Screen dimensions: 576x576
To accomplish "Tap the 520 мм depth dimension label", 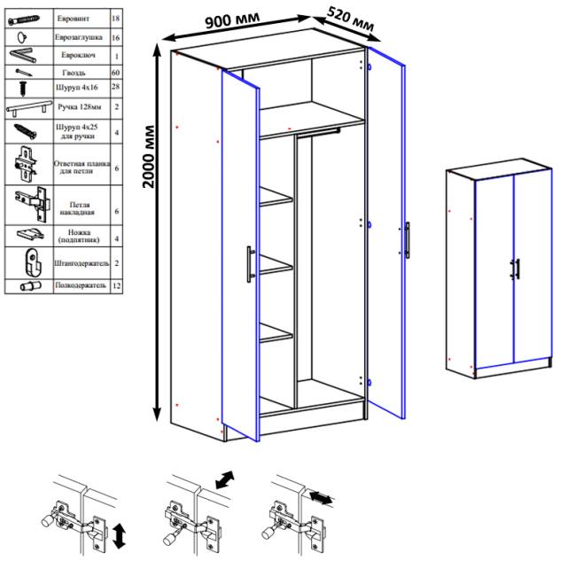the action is (350, 19).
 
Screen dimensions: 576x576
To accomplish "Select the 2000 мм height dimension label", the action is (149, 157).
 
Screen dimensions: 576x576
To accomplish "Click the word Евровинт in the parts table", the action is (73, 19).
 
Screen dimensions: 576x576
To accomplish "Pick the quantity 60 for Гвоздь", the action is (115, 73).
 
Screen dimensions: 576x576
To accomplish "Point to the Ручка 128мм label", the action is (80, 107).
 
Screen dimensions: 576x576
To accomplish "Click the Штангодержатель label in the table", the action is (82, 263).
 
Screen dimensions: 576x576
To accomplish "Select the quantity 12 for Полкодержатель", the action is (116, 285).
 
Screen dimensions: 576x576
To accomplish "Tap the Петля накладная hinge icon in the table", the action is (33, 204).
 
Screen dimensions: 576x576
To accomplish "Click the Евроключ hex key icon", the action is (23, 55).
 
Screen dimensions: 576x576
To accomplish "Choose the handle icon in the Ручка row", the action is (29, 107).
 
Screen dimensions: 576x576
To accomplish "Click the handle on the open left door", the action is (250, 264).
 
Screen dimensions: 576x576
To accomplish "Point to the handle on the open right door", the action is (407, 240).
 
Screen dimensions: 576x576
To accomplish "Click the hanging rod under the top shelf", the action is (318, 132).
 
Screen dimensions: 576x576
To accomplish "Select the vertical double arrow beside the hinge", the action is (119, 537).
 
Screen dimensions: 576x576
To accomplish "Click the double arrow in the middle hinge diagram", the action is (225, 479).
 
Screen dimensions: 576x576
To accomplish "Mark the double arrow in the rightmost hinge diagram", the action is (321, 498).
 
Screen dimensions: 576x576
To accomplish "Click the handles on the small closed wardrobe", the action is (515, 269).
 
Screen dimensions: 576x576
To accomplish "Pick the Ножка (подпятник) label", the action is (79, 236).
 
